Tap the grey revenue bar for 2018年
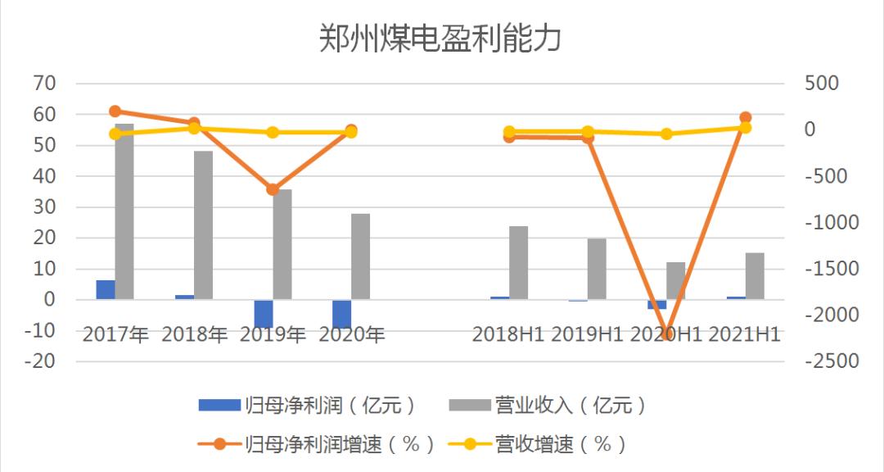pyautogui.click(x=203, y=225)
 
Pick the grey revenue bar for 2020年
pyautogui.click(x=361, y=256)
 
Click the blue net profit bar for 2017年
pyautogui.click(x=106, y=289)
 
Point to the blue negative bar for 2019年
pyautogui.click(x=264, y=313)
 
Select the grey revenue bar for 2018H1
pyautogui.click(x=519, y=262)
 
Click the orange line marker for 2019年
pyautogui.click(x=273, y=189)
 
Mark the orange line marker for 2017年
pyautogui.click(x=115, y=111)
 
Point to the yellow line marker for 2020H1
pyautogui.click(x=666, y=134)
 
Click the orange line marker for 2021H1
pyautogui.click(x=745, y=118)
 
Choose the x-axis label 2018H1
pyautogui.click(x=507, y=334)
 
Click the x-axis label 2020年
pyautogui.click(x=351, y=334)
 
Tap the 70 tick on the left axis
pyautogui.click(x=44, y=84)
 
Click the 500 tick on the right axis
pyautogui.click(x=822, y=84)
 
